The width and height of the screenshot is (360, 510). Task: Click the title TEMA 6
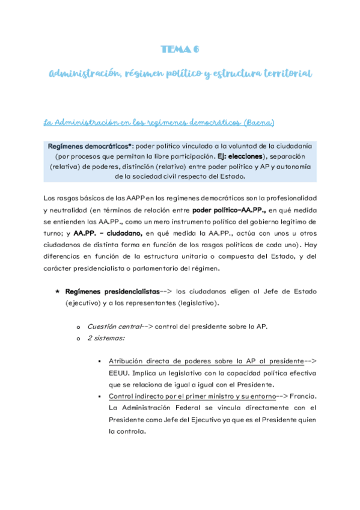(x=180, y=49)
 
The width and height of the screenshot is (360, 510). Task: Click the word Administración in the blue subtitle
(x=81, y=74)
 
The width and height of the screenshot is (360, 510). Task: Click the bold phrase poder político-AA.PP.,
(x=229, y=210)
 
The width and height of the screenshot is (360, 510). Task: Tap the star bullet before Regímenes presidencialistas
(x=57, y=290)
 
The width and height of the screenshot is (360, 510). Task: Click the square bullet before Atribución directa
(x=99, y=362)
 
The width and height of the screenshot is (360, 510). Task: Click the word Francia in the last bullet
(x=299, y=396)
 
